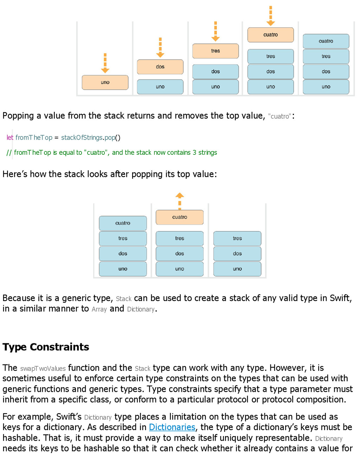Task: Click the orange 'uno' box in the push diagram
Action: coord(105,82)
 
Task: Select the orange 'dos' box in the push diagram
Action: coord(160,67)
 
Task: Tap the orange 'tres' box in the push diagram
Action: coord(216,51)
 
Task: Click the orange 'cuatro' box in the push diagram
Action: coord(270,35)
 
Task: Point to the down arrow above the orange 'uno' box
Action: coord(105,63)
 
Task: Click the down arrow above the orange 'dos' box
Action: coord(160,47)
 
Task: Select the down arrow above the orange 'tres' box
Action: coord(216,31)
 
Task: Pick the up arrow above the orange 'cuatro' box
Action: coord(180,200)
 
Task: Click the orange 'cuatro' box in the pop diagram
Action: coord(180,217)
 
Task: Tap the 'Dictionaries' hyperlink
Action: coord(172,427)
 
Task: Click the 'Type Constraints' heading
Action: coord(46,347)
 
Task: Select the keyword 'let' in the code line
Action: coord(10,138)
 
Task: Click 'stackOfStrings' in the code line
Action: coord(82,138)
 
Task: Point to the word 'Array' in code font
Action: coord(99,309)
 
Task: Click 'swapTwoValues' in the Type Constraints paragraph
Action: coord(43,369)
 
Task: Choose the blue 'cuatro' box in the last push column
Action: coord(326,41)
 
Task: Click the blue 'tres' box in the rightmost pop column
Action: coord(237,238)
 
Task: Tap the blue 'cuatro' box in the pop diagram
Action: coord(123,223)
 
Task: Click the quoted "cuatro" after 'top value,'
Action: coord(279,116)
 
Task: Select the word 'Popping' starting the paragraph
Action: coord(18,116)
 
